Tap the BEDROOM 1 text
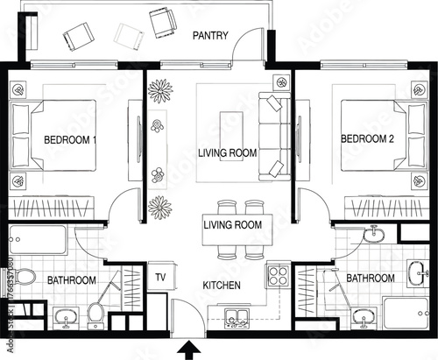[x=70, y=139]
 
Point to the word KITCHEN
[x=223, y=286]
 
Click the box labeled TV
[x=160, y=276]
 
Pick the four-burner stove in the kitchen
[x=279, y=276]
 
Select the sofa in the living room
[x=273, y=136]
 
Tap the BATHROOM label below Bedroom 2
[x=371, y=278]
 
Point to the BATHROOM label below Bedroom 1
[x=71, y=280]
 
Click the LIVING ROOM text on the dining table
[x=232, y=225]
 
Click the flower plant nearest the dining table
[x=159, y=208]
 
